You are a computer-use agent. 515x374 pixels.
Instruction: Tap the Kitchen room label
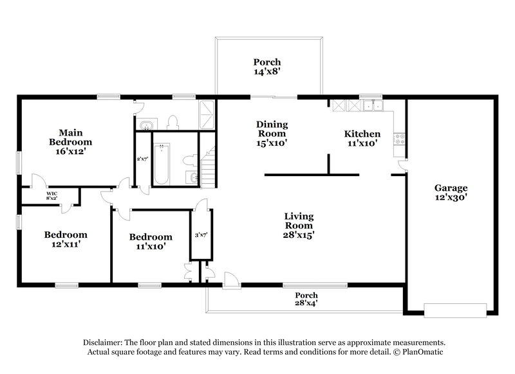362,139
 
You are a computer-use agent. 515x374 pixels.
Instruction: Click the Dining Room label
272,134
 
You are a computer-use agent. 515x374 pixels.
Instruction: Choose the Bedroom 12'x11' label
65,239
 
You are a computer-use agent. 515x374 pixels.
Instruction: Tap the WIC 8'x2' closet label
51,196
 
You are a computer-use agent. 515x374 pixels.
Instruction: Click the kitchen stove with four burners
400,136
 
